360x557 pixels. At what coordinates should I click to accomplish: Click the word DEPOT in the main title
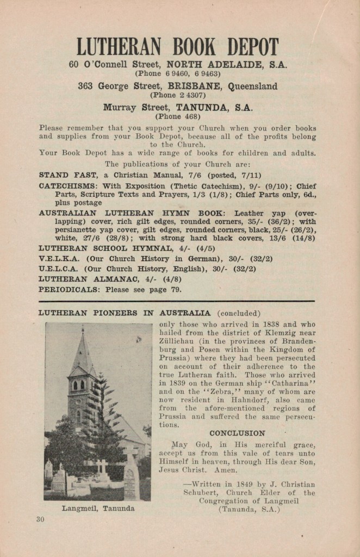tap(252, 47)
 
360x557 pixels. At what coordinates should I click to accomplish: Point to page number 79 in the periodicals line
tap(176, 289)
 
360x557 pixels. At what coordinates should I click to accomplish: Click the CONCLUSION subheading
tap(237, 434)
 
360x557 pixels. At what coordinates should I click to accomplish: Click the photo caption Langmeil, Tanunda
tap(98, 509)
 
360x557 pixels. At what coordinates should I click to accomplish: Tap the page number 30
tap(40, 519)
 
